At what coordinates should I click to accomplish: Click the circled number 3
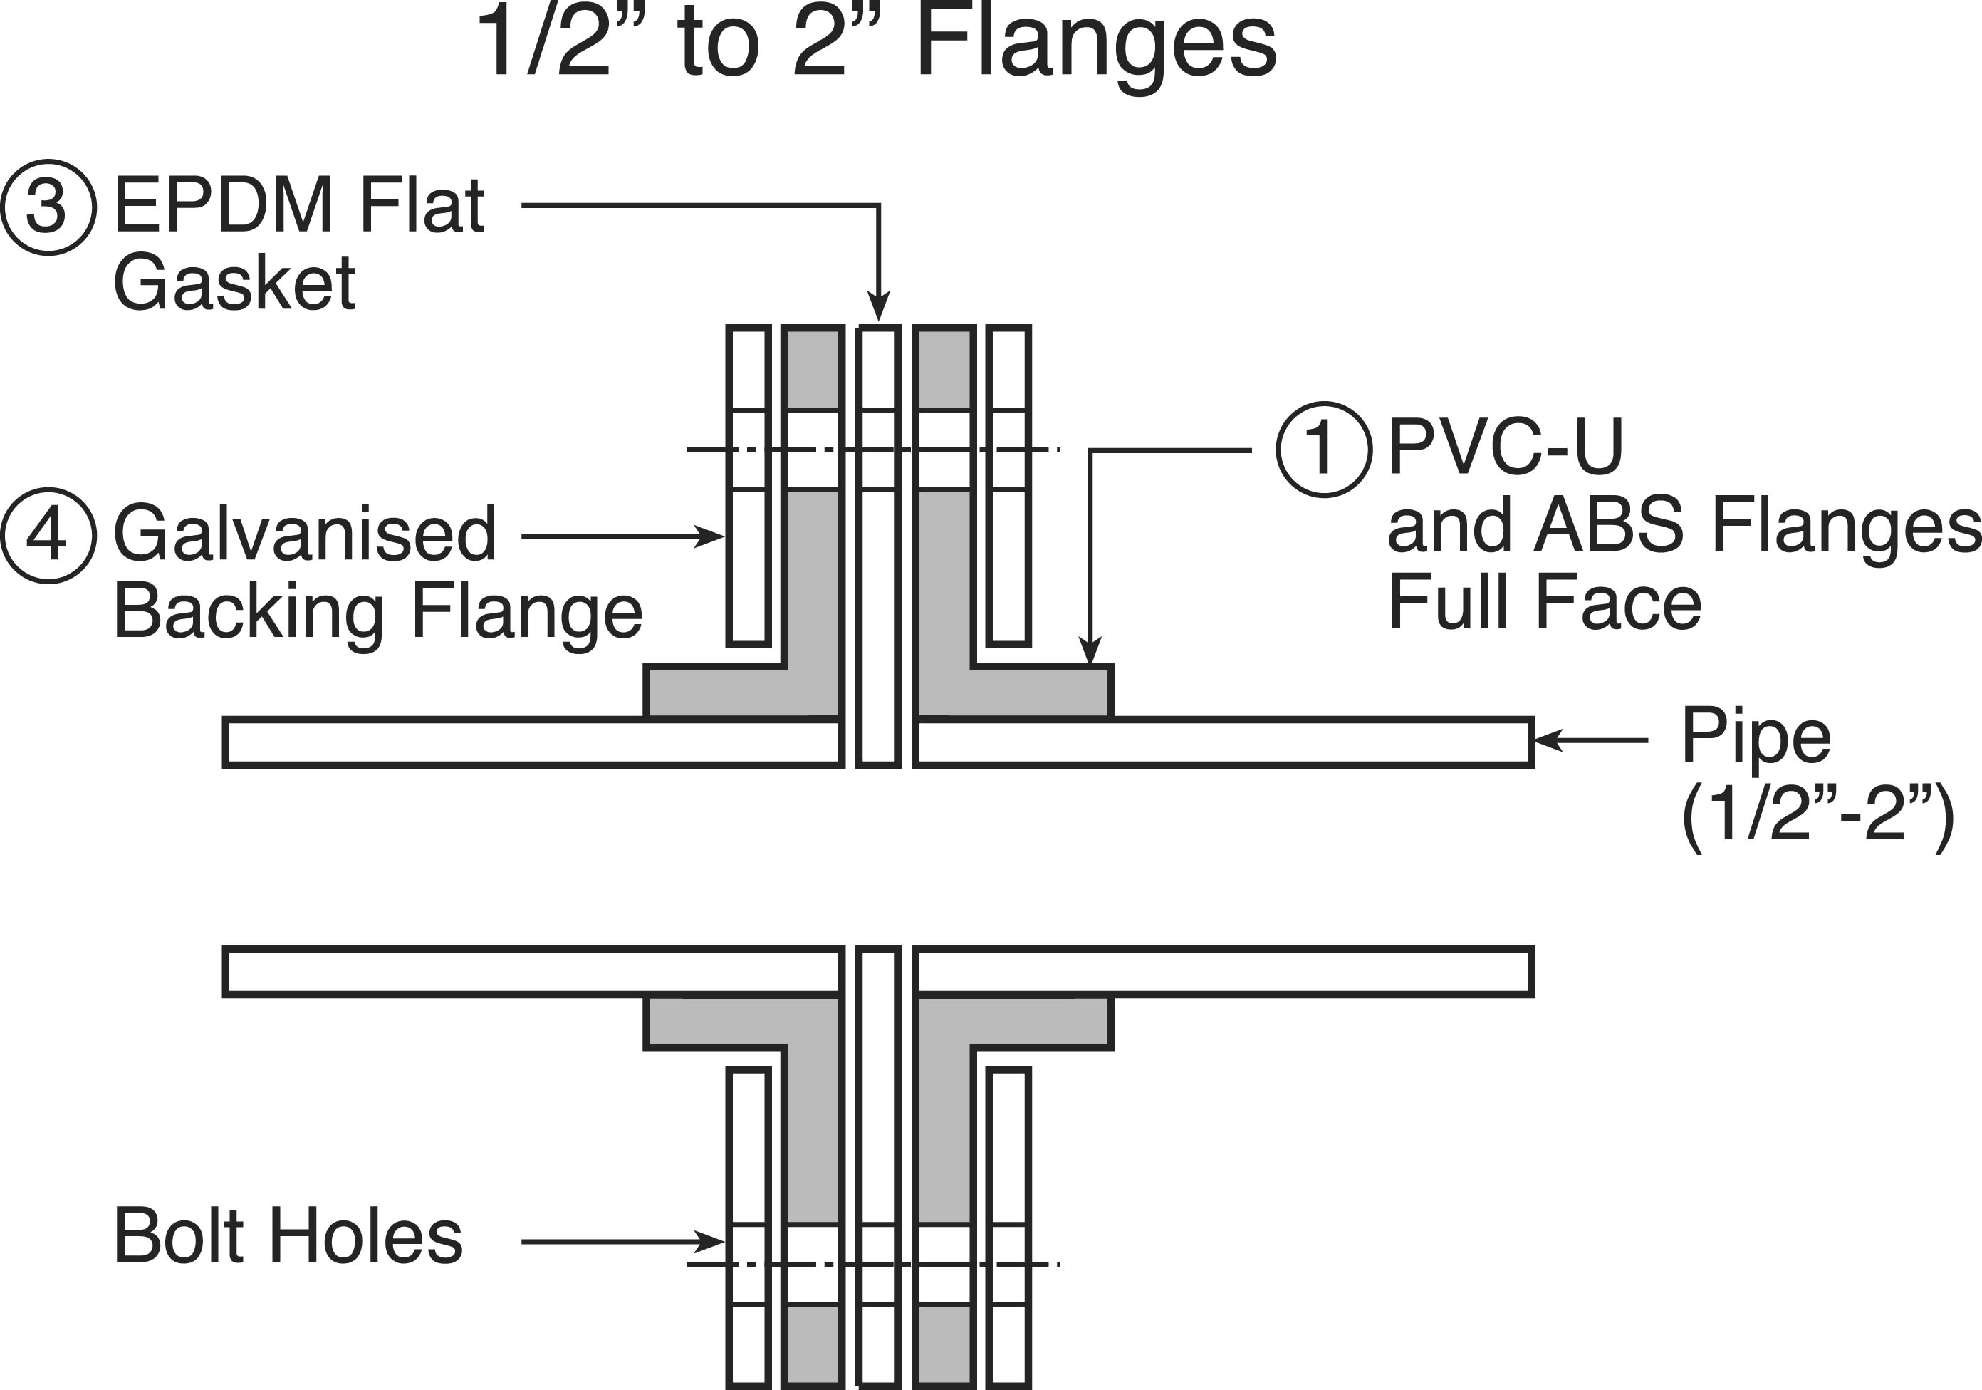pyautogui.click(x=48, y=207)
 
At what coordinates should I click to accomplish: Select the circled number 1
pyautogui.click(x=1324, y=449)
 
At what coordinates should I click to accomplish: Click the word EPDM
pyautogui.click(x=224, y=205)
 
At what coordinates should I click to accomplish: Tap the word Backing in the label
pyautogui.click(x=249, y=611)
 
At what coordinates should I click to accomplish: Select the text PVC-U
pyautogui.click(x=1506, y=447)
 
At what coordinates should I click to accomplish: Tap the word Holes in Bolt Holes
pyautogui.click(x=366, y=1235)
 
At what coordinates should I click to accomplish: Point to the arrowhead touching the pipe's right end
pyautogui.click(x=1547, y=740)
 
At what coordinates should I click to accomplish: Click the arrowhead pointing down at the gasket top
pyautogui.click(x=878, y=307)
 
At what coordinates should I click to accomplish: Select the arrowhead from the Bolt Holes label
pyautogui.click(x=709, y=1242)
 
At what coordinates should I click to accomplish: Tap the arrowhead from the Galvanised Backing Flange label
pyautogui.click(x=709, y=536)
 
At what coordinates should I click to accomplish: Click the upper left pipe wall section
pyautogui.click(x=533, y=742)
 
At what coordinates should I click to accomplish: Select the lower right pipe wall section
pyautogui.click(x=1224, y=971)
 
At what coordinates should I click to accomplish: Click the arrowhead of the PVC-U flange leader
pyautogui.click(x=1090, y=651)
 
